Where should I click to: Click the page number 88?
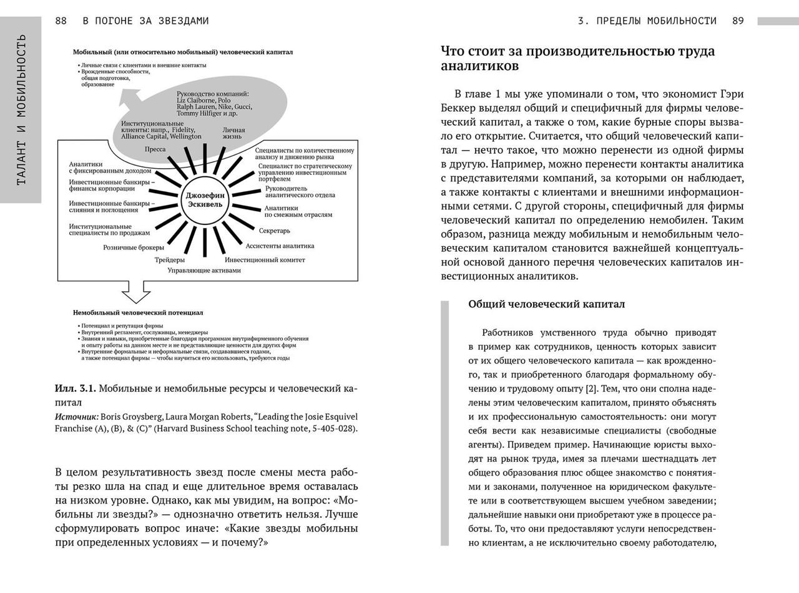point(61,21)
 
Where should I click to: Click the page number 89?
point(738,21)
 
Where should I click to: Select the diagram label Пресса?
point(155,149)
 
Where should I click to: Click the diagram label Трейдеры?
point(169,259)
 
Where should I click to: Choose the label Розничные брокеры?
point(134,247)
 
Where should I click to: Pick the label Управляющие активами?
point(203,271)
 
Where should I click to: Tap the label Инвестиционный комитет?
point(265,259)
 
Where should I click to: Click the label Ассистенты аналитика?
point(280,246)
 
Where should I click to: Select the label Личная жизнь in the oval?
point(233,133)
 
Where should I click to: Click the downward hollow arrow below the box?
point(135,291)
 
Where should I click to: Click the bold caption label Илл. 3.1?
point(75,389)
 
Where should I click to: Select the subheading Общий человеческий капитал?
point(546,304)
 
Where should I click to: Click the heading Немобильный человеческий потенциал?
point(137,312)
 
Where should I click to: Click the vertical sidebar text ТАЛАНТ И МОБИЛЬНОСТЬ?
point(21,109)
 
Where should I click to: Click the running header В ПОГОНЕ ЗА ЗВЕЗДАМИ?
point(145,21)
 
